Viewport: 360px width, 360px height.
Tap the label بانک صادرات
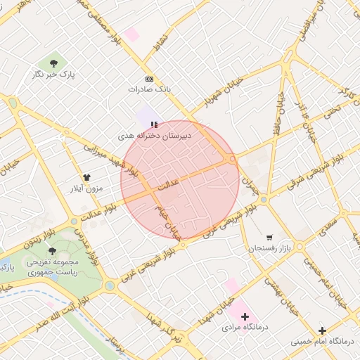150,89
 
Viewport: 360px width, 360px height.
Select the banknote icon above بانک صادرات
149,79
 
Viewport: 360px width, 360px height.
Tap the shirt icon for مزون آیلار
87,178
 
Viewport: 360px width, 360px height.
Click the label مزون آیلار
87,188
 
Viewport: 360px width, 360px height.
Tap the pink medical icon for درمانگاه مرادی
245,316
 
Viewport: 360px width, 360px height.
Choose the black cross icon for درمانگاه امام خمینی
322,330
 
